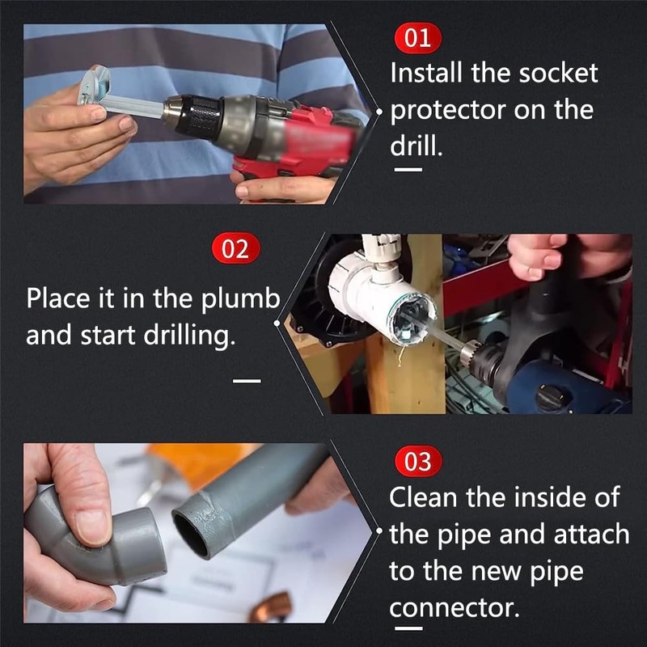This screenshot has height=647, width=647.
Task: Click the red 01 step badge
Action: [x=418, y=38]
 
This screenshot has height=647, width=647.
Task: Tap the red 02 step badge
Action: [x=235, y=248]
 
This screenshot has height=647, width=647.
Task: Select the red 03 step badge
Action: [x=418, y=463]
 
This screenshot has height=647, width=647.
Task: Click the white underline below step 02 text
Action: [x=247, y=378]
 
